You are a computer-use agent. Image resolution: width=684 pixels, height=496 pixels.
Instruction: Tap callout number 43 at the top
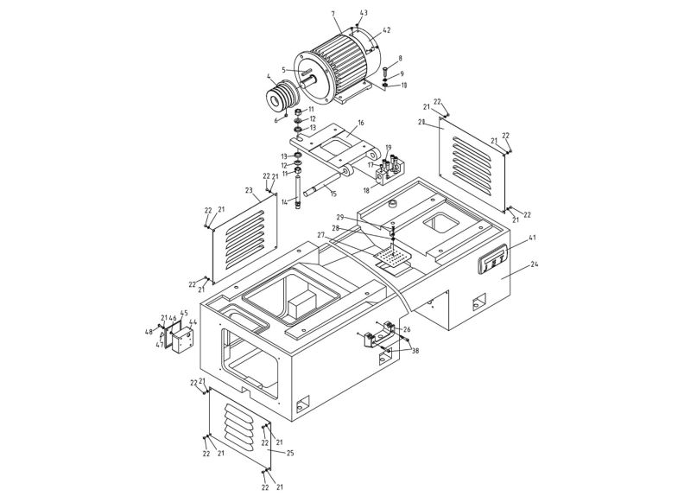click(x=364, y=13)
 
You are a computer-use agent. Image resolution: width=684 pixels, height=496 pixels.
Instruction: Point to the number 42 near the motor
click(x=386, y=30)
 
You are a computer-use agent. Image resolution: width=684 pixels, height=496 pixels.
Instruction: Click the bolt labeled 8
click(x=386, y=70)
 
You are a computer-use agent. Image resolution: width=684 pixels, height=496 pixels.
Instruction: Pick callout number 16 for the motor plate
click(x=361, y=124)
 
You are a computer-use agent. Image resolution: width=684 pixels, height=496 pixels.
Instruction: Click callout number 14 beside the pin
click(x=283, y=202)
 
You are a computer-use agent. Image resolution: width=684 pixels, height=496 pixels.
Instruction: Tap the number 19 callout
click(x=389, y=148)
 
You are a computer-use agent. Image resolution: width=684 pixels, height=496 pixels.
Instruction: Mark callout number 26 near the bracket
click(x=407, y=328)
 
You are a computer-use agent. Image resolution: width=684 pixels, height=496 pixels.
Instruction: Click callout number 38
click(x=415, y=352)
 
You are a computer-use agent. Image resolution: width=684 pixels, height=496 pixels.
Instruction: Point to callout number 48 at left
click(x=149, y=332)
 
